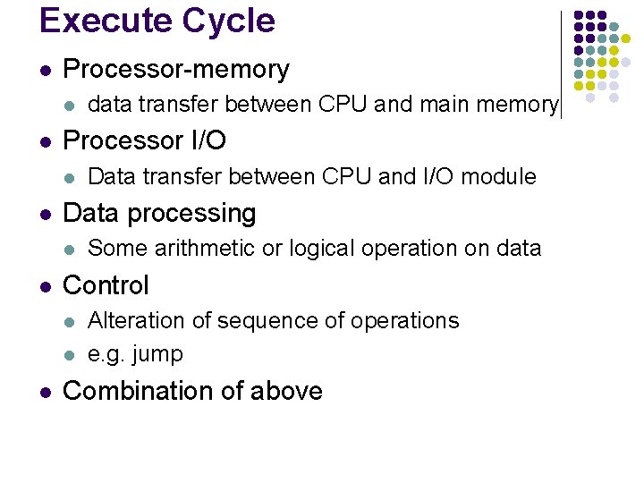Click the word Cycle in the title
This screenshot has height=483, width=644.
click(230, 21)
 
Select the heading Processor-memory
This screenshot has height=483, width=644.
click(176, 69)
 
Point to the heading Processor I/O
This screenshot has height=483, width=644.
click(145, 140)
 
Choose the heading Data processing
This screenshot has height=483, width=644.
click(159, 213)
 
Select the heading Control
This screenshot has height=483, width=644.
click(106, 285)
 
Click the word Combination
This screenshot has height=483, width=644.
click(140, 391)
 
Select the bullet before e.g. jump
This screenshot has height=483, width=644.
click(71, 354)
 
